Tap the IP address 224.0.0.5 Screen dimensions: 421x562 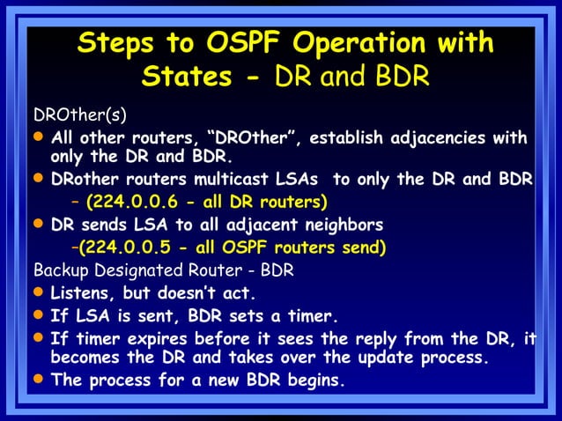click(x=129, y=247)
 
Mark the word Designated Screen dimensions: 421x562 click(x=132, y=270)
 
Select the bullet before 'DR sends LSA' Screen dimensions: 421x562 click(x=39, y=225)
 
